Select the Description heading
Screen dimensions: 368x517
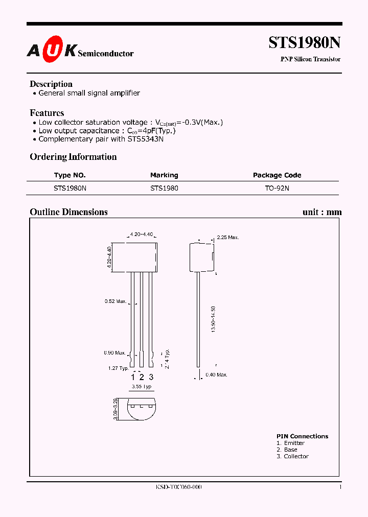point(51,84)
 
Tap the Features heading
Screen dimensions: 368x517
point(47,113)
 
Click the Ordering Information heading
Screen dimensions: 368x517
point(73,157)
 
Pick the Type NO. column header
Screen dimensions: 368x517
point(70,175)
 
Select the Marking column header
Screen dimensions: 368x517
point(164,175)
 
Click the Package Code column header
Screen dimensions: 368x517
point(277,175)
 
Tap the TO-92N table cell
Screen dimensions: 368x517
point(277,188)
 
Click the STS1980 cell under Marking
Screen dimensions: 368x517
point(164,188)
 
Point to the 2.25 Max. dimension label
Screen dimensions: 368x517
point(228,238)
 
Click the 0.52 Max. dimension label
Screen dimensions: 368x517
point(116,301)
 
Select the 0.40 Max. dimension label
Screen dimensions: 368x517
point(216,374)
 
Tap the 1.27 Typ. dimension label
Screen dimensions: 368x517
point(118,368)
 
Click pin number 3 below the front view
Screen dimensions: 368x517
point(151,377)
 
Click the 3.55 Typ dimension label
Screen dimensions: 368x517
point(142,387)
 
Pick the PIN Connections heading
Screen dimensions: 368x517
point(302,436)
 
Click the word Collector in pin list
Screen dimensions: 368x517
point(296,456)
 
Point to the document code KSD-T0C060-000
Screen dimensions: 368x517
point(179,487)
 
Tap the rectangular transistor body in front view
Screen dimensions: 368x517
point(134,256)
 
